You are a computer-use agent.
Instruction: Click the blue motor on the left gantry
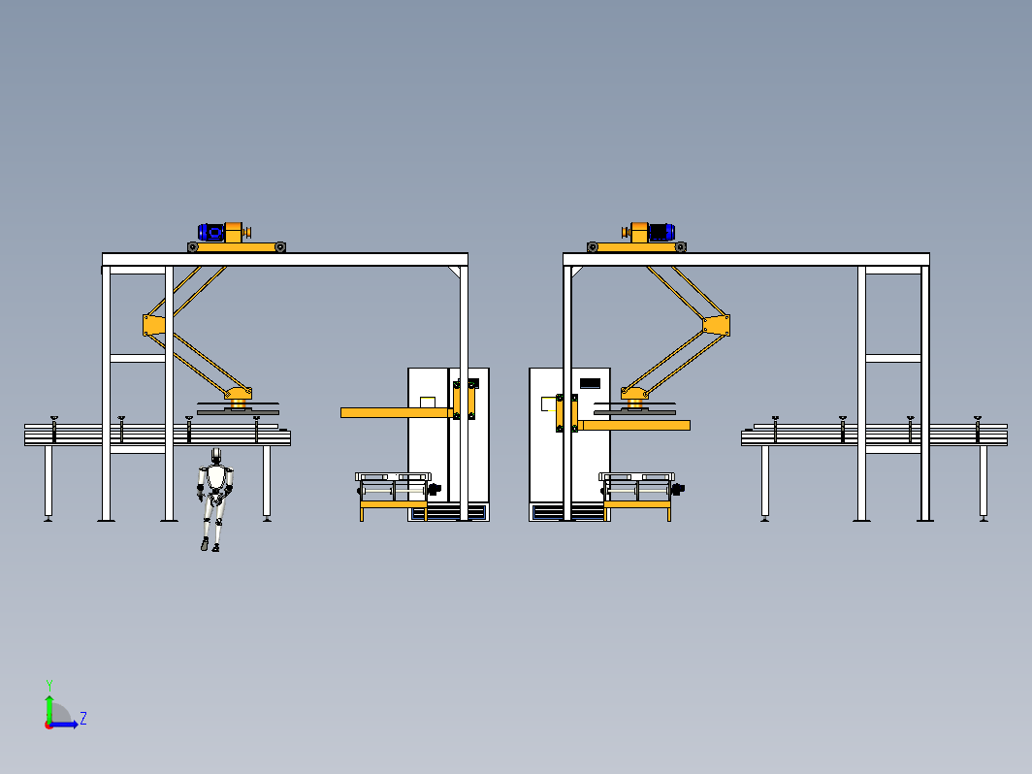coord(211,233)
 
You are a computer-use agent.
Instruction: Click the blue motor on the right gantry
coord(661,233)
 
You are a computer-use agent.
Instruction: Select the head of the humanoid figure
coord(216,456)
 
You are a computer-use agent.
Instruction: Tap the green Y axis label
coord(49,686)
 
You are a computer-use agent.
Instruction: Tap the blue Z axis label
coord(83,718)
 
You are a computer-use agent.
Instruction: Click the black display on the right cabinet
coord(590,383)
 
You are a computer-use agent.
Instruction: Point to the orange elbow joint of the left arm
coord(153,325)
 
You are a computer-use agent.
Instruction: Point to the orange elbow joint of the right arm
coord(717,325)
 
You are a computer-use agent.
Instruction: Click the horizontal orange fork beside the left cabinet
coord(396,412)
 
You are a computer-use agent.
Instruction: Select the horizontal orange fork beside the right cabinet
coord(634,425)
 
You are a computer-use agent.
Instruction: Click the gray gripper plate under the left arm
coord(238,412)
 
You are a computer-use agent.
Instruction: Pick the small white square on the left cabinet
coord(428,403)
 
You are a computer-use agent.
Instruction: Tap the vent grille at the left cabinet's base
coord(448,512)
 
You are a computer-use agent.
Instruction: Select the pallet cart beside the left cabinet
coord(394,496)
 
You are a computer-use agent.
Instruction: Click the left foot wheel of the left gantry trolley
coord(193,247)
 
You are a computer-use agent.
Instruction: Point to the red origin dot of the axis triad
coord(48,725)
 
